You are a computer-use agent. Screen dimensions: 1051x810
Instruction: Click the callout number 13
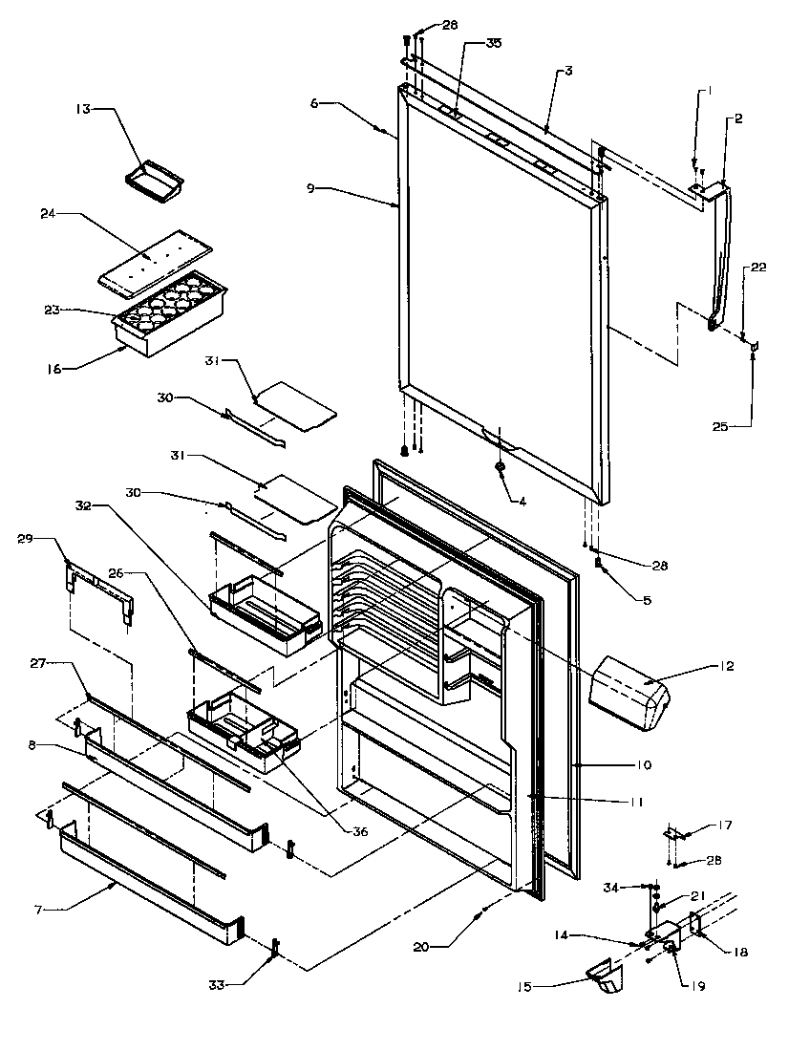click(83, 110)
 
